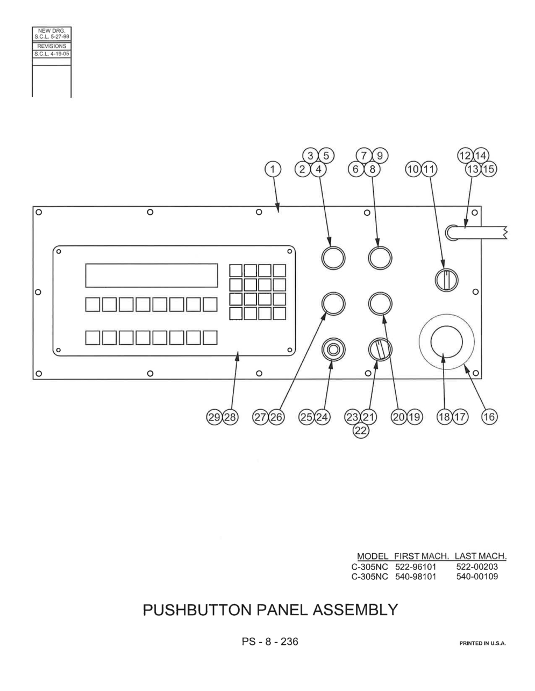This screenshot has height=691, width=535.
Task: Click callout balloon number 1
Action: [273, 169]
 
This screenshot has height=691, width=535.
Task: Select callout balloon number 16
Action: [489, 417]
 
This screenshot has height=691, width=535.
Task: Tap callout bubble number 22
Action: [361, 431]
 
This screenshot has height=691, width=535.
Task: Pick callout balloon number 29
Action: [215, 417]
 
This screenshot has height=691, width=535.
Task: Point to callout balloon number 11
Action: [429, 169]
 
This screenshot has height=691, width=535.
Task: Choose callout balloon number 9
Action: [380, 156]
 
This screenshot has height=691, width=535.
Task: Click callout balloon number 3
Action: [310, 156]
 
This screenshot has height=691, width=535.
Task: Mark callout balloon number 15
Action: [489, 169]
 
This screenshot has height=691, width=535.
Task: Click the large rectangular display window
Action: [152, 275]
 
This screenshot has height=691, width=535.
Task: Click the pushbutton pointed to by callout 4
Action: [333, 258]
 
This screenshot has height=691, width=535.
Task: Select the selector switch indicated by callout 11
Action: [446, 280]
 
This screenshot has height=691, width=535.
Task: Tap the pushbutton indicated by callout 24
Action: [333, 350]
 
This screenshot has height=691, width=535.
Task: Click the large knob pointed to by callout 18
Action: [446, 342]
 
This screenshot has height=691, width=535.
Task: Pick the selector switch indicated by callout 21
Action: [380, 349]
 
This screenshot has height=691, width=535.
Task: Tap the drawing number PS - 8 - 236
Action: [270, 642]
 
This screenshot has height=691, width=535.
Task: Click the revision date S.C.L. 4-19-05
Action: [52, 54]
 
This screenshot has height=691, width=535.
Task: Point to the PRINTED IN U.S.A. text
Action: [482, 643]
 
